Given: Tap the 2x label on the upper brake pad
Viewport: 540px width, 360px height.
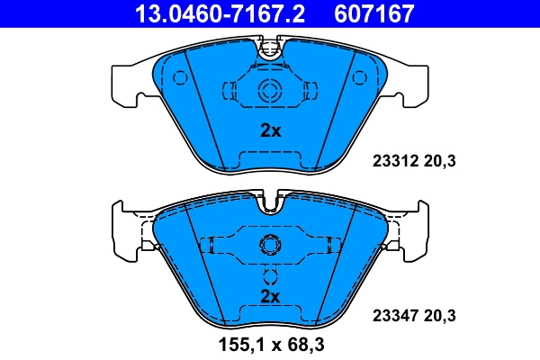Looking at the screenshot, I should pyautogui.click(x=270, y=130).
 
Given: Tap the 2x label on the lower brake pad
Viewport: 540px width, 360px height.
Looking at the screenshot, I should pyautogui.click(x=270, y=296).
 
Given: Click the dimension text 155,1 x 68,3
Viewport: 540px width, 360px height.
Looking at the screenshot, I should pyautogui.click(x=270, y=343).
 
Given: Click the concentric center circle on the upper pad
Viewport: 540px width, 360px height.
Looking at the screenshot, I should pyautogui.click(x=269, y=90).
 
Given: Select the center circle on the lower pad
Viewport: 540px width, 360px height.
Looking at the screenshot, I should pyautogui.click(x=269, y=245).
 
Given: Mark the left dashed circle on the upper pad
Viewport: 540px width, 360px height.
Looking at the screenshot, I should pyautogui.click(x=180, y=77).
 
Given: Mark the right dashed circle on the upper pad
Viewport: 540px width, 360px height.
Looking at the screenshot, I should pyautogui.click(x=360, y=77).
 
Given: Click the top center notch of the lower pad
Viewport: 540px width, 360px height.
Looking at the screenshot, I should pyautogui.click(x=269, y=203).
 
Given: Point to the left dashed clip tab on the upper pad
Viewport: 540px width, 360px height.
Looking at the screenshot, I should pyautogui.click(x=229, y=90).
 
